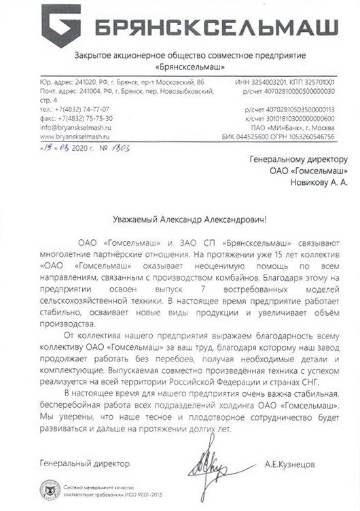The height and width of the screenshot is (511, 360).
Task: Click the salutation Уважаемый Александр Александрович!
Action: pos(180,218)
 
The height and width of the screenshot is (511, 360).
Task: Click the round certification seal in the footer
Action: pos(50,490)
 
